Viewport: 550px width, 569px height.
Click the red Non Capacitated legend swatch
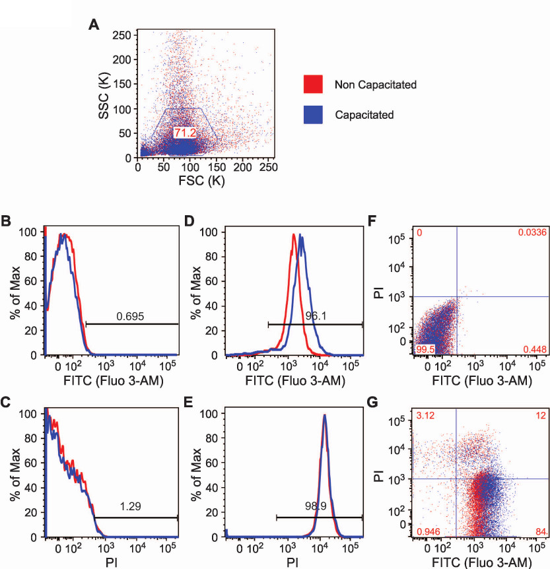[x=313, y=84]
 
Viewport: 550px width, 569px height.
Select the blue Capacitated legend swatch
[x=313, y=114]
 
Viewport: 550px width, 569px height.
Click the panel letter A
[x=94, y=25]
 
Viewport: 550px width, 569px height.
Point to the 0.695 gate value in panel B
[x=130, y=317]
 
